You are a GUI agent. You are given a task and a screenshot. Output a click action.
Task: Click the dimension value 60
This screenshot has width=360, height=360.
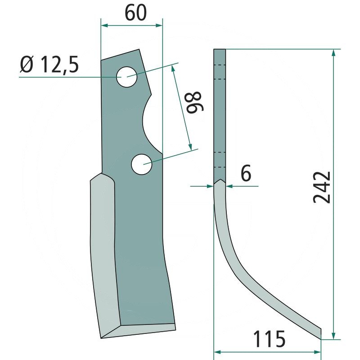click(x=135, y=13)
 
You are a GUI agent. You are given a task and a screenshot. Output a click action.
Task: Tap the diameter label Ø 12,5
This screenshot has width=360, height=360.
click(x=49, y=64)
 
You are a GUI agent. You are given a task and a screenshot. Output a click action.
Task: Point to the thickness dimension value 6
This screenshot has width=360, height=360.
click(x=246, y=173)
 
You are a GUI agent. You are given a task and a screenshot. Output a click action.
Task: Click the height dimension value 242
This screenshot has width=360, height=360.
click(x=322, y=187)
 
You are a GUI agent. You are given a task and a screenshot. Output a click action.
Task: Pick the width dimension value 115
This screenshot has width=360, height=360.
click(x=269, y=338)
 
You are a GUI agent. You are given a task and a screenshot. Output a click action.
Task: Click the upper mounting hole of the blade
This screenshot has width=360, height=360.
click(x=127, y=77)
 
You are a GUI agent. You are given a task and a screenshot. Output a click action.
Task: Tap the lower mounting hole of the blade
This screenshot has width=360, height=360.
click(x=141, y=164)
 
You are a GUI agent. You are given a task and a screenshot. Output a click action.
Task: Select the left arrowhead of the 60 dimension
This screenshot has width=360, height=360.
click(x=104, y=25)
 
